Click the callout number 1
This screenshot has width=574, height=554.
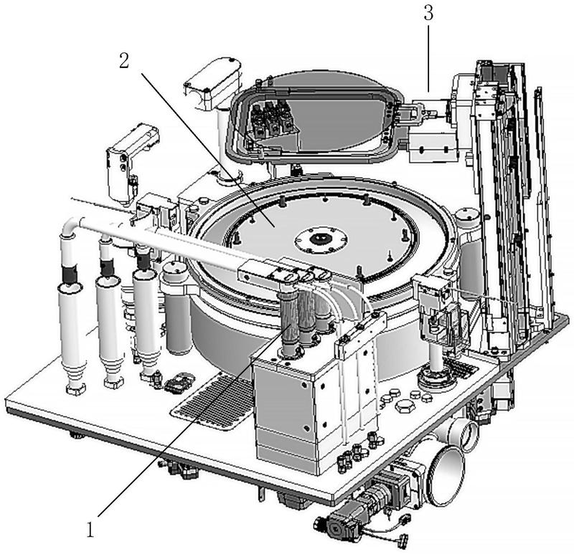(x=90, y=530)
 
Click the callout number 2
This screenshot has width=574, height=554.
(x=124, y=61)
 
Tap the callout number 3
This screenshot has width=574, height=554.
(x=428, y=13)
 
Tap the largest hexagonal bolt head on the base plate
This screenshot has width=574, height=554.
(x=405, y=406)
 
